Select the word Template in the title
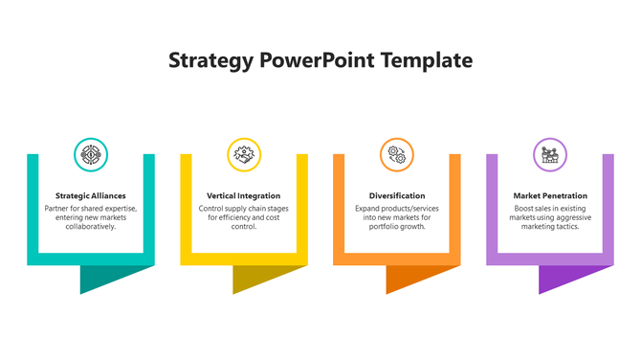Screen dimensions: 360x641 (427, 60)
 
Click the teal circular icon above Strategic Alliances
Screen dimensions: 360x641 (91, 154)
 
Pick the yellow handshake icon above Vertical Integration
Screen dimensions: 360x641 (244, 154)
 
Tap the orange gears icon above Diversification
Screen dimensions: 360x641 (397, 154)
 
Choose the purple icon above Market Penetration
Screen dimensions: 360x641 (550, 154)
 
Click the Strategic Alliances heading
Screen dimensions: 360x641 (91, 195)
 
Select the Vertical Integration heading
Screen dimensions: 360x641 (244, 195)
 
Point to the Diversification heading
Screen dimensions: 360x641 (397, 195)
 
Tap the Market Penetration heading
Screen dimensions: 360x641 (550, 195)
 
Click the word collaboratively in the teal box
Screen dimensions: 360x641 (91, 227)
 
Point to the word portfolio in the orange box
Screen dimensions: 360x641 (381, 227)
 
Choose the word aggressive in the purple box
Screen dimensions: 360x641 (574, 217)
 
